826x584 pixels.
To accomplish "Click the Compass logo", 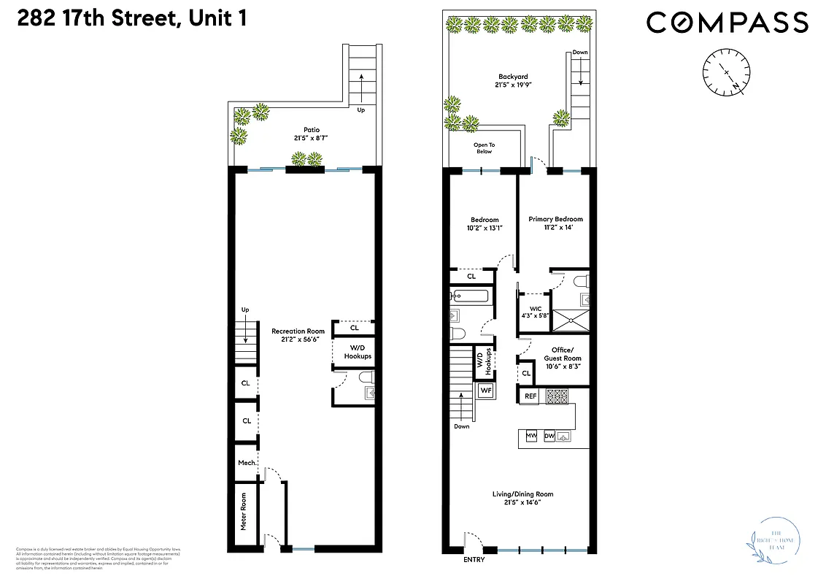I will pyautogui.click(x=727, y=23).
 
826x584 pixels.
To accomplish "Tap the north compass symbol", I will pyautogui.click(x=727, y=72).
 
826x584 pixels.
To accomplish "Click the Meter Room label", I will pyautogui.click(x=244, y=511).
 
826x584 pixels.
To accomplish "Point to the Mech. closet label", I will pyautogui.click(x=246, y=463).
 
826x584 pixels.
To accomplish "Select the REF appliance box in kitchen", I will pyautogui.click(x=530, y=396).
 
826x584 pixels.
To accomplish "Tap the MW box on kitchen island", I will pyautogui.click(x=532, y=437).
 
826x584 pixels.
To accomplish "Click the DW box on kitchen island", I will pyautogui.click(x=549, y=437).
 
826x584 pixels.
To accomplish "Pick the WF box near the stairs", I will pyautogui.click(x=485, y=391).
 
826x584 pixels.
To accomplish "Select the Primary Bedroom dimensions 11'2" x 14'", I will pyautogui.click(x=558, y=228).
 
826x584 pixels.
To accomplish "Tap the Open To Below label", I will pyautogui.click(x=483, y=148).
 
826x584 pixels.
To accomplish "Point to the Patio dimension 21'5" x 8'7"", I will pyautogui.click(x=306, y=138).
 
